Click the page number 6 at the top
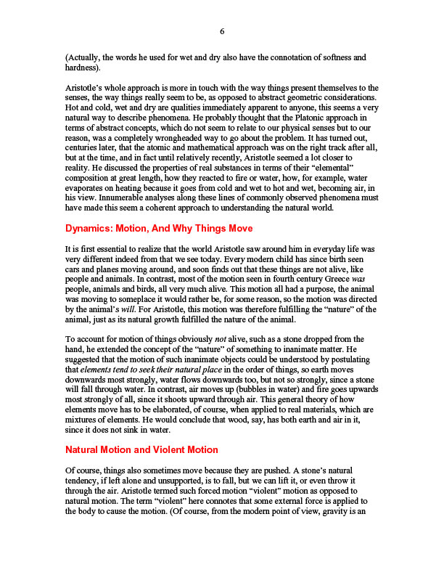(x=222, y=30)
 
